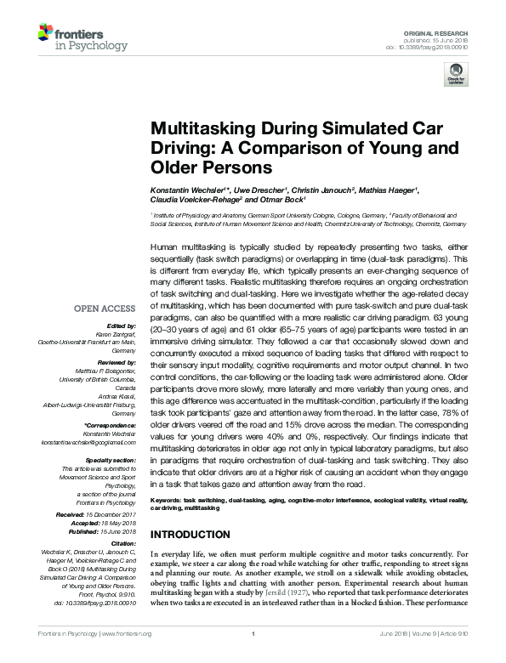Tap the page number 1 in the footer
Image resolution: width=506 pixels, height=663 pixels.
(x=253, y=657)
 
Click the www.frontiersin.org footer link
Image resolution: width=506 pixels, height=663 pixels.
(x=127, y=657)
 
